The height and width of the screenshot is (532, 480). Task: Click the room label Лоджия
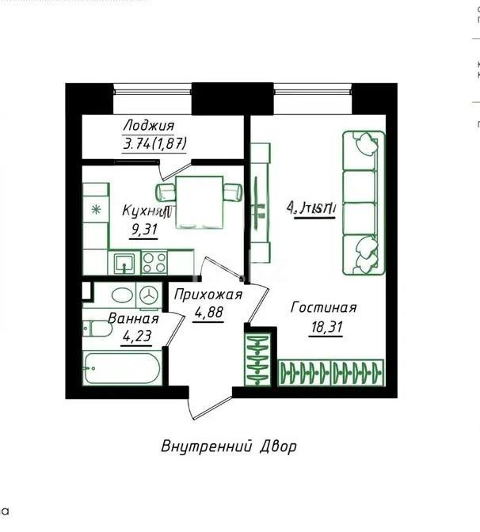point(148,126)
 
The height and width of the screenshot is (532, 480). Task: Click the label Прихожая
point(207,295)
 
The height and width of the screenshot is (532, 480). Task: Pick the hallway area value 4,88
point(208,313)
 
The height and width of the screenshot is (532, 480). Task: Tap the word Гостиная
point(323,308)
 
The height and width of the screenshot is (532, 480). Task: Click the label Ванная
point(133,319)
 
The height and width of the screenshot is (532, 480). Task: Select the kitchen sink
point(123,262)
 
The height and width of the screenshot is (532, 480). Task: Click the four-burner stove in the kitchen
point(154,262)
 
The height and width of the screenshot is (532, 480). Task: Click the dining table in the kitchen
point(199,193)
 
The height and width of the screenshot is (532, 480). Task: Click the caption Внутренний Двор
point(229,446)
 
